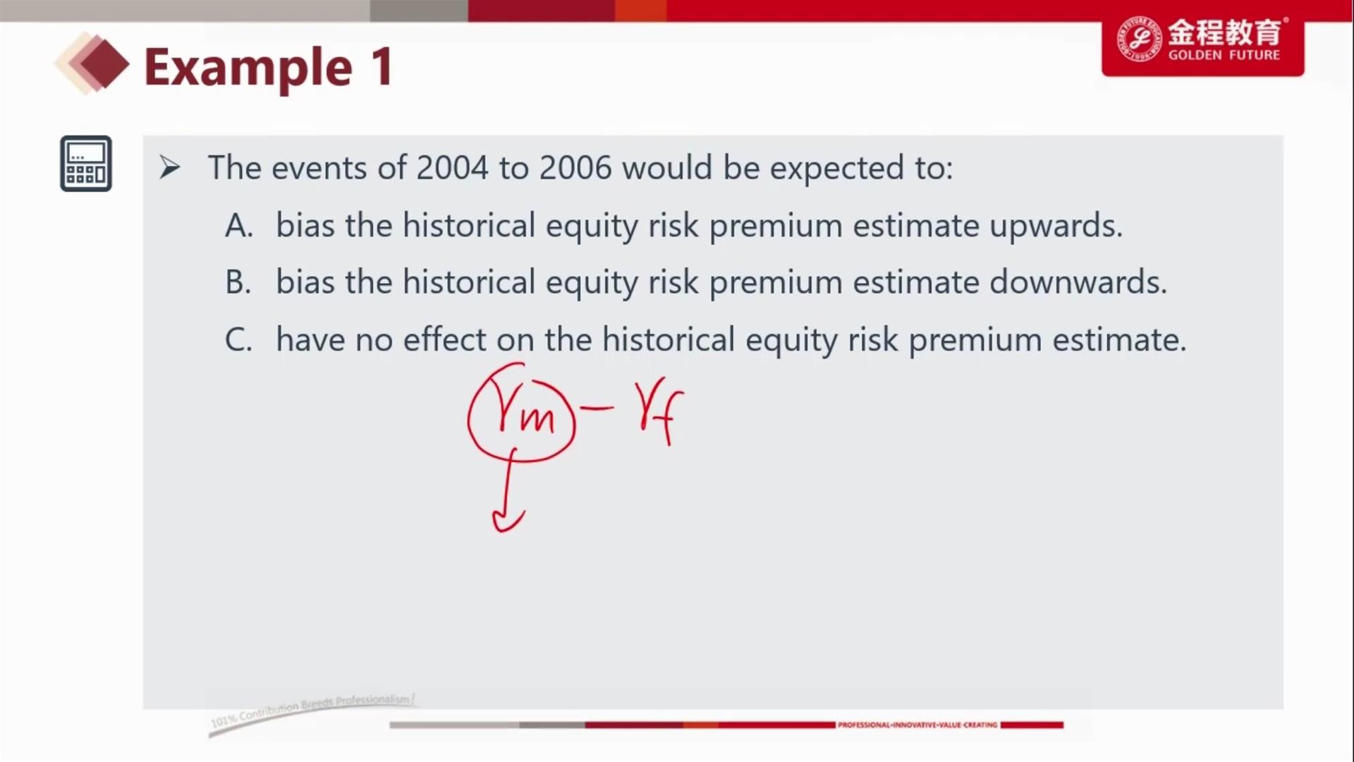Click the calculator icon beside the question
(86, 164)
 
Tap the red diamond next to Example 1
(104, 64)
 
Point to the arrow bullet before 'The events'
(170, 168)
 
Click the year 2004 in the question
(452, 168)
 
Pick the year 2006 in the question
(575, 168)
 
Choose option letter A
(239, 226)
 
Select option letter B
(238, 282)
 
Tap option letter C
(238, 339)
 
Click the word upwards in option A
(1055, 226)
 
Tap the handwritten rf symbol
(661, 413)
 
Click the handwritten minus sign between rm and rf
(596, 407)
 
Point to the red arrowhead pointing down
(508, 520)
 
